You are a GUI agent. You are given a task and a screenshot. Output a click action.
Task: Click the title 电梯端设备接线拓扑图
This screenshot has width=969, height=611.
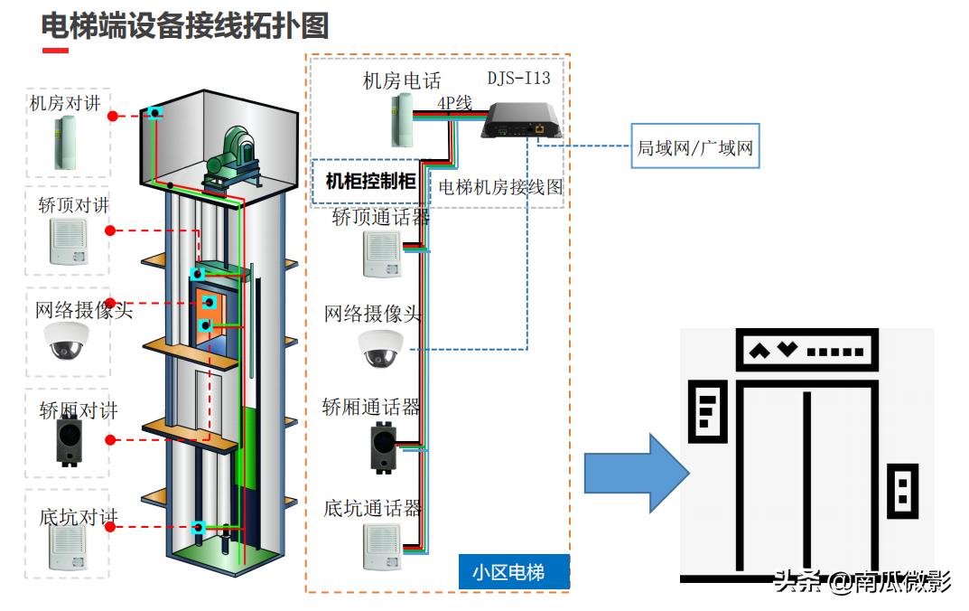[x=184, y=25]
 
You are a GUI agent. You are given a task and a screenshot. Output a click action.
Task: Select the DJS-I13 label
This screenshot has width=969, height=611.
[x=518, y=78]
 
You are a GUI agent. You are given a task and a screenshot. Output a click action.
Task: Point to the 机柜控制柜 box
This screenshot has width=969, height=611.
[x=370, y=182]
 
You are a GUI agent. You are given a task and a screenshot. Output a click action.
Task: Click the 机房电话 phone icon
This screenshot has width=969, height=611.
[x=402, y=120]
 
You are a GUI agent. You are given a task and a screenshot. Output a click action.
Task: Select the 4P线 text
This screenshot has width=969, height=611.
[x=454, y=104]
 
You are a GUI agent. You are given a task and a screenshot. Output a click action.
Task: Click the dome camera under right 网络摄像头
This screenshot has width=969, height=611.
[x=380, y=349]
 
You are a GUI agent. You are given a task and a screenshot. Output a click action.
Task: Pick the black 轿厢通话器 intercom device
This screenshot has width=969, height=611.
[x=382, y=446]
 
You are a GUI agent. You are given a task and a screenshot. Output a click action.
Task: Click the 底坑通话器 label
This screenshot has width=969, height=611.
[x=372, y=508]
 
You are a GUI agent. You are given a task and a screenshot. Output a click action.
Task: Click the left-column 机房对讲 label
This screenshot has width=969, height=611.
[x=64, y=103]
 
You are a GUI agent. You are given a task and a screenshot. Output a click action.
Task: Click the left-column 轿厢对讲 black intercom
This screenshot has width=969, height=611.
[x=68, y=441]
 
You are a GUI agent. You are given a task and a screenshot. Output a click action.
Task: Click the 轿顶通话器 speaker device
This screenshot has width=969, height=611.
[x=381, y=254]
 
